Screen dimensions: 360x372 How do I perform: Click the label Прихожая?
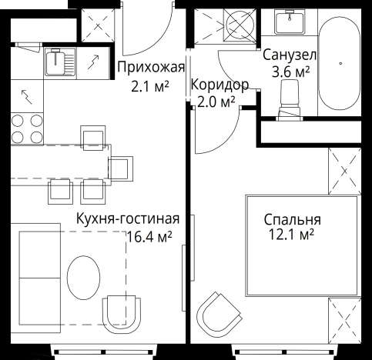click(150, 66)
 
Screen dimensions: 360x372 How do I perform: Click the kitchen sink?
click(57, 62)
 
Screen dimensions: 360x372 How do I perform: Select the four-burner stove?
click(26, 128)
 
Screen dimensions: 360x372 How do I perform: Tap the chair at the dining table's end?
click(121, 167)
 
